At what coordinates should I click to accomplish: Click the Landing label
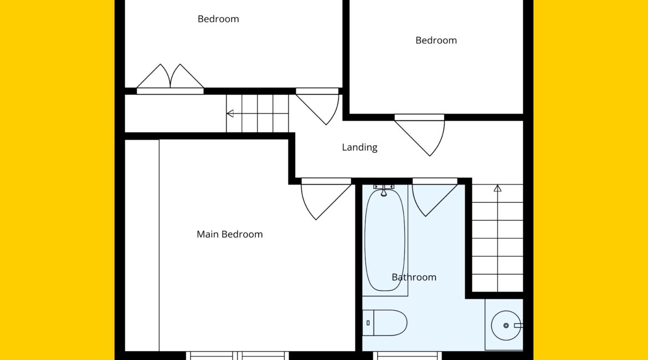click(x=359, y=147)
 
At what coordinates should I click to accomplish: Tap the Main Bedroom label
click(x=230, y=234)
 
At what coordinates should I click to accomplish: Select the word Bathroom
click(x=414, y=277)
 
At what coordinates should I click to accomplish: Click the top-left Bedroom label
click(x=218, y=19)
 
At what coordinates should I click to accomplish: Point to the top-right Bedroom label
click(x=436, y=40)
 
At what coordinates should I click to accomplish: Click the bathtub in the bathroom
click(x=385, y=240)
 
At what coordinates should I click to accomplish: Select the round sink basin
click(x=506, y=326)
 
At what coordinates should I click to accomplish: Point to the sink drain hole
click(x=506, y=326)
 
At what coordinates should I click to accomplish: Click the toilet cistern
click(x=368, y=323)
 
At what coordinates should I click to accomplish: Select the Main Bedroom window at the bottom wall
click(x=238, y=356)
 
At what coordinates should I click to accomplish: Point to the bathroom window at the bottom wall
click(x=408, y=356)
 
